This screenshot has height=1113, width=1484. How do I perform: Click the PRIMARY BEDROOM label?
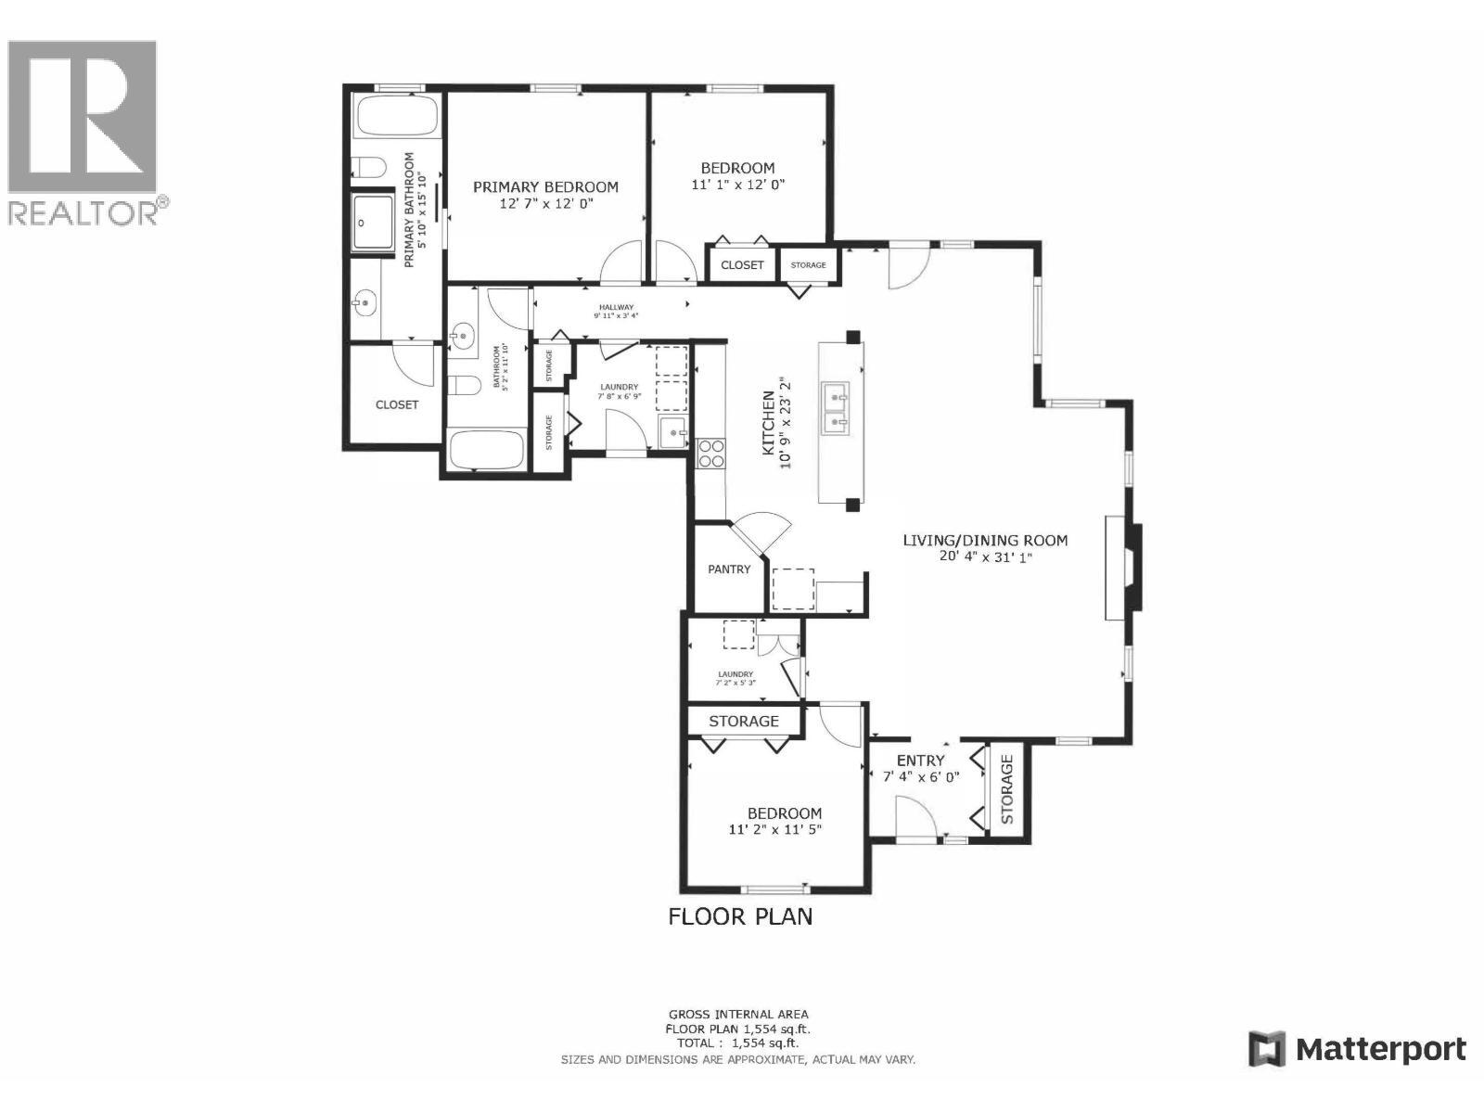(545, 186)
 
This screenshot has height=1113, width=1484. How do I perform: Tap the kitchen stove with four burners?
(711, 454)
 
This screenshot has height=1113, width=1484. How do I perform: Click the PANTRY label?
(729, 569)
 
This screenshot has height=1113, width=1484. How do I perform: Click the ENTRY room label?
(920, 761)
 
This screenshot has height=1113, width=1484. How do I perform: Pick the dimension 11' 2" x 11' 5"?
(775, 830)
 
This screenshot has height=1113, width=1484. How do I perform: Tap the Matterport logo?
(1358, 1049)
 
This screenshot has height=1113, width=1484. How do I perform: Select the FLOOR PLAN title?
(740, 916)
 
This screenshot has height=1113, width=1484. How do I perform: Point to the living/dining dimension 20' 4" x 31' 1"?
(986, 556)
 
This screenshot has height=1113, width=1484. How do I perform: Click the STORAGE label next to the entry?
(1007, 789)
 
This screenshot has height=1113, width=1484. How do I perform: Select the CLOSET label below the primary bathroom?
(396, 404)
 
